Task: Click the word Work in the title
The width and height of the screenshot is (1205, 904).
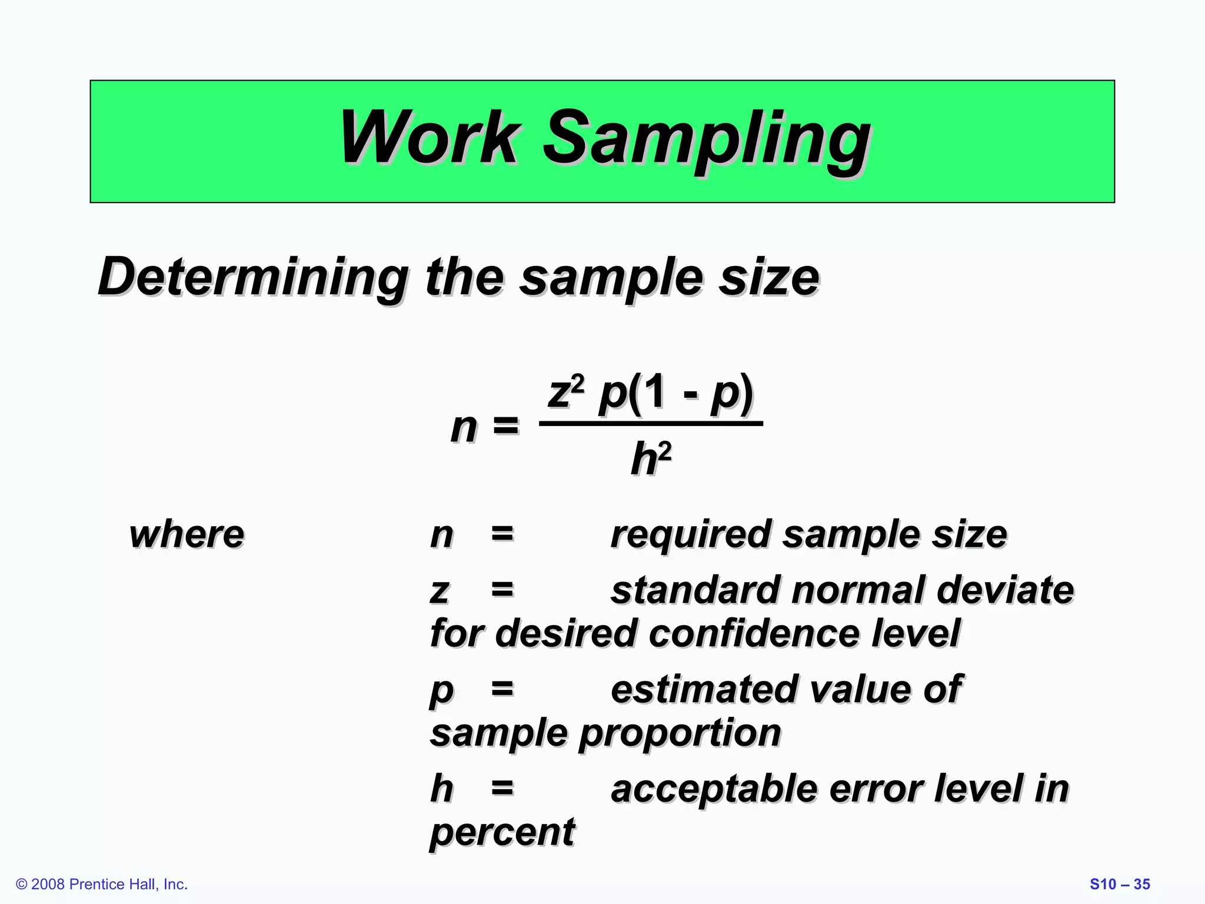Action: pos(430,139)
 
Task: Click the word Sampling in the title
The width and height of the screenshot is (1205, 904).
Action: pos(706,141)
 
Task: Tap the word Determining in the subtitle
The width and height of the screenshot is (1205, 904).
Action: pos(253,278)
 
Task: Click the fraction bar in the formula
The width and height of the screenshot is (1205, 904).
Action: pos(651,423)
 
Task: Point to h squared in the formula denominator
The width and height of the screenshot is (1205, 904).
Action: pos(651,459)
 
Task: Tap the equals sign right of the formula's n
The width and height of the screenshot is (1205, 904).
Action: pos(506,425)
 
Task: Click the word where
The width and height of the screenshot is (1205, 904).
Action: pos(187,535)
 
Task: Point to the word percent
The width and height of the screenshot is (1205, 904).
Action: pos(502,833)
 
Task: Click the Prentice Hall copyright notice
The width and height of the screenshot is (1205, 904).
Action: pos(102,884)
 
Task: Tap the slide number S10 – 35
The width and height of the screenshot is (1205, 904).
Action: pos(1120,884)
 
